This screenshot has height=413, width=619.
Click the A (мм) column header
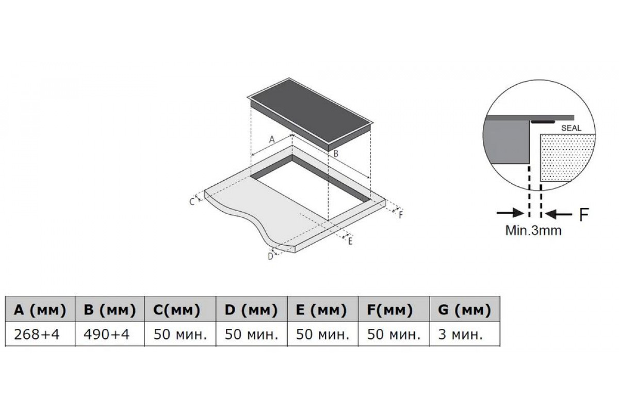[40, 310]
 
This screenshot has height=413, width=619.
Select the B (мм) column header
[110, 310]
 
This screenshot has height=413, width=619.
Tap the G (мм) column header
[464, 310]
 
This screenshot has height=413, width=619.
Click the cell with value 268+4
[37, 335]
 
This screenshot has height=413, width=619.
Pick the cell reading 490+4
[107, 335]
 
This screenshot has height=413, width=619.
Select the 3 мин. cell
[460, 335]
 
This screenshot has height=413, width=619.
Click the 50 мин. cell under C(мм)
[180, 335]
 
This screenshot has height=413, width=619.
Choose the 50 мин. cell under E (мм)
[322, 335]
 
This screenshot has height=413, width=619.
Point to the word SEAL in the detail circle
[571, 128]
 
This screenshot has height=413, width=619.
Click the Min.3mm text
[533, 230]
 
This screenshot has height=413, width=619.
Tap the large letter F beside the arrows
[584, 214]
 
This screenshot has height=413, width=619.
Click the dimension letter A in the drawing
[272, 139]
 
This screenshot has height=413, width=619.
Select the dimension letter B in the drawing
[336, 153]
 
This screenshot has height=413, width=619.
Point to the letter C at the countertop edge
[192, 202]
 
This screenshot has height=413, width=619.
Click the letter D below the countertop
[270, 257]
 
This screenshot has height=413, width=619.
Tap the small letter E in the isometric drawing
[350, 242]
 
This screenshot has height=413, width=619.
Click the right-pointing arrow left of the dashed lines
[510, 213]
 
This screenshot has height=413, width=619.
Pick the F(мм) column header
[389, 310]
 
